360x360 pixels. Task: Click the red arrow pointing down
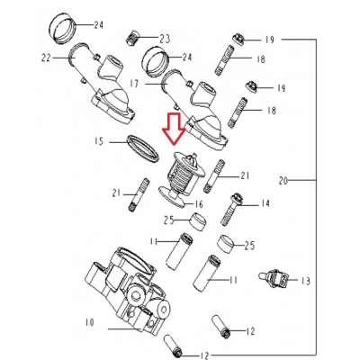(173, 132)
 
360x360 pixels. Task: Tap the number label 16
(199, 205)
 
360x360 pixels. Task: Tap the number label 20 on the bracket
(283, 182)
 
